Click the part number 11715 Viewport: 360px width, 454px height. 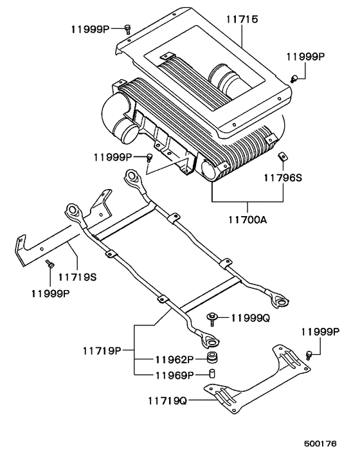(242, 19)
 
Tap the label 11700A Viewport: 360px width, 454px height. (248, 220)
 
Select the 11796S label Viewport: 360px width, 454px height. (283, 177)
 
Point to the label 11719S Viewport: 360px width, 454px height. (78, 277)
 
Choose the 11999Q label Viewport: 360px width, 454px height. (251, 318)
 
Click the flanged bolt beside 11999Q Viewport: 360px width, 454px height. (212, 318)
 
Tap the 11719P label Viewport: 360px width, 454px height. (102, 351)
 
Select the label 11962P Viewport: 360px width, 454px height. (174, 359)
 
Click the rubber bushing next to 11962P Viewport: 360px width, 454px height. (213, 358)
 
